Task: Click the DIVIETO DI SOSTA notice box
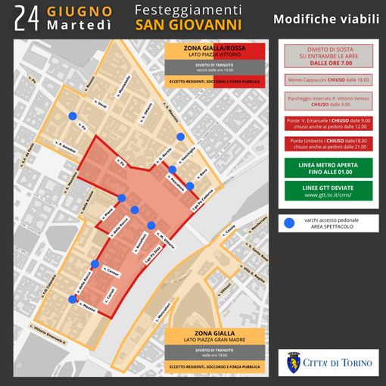click(325, 55)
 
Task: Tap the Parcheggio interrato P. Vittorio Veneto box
click(325, 101)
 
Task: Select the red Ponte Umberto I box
click(325, 145)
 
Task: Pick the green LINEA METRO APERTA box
click(325, 167)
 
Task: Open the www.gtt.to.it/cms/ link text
click(325, 195)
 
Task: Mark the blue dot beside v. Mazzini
click(72, 300)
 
